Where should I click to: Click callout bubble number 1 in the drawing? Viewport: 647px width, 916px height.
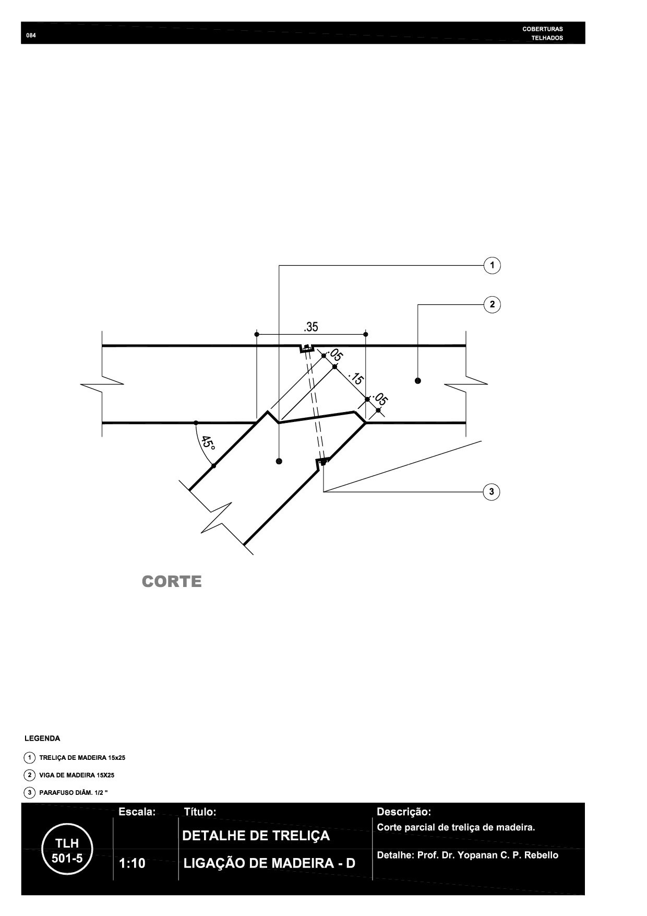tap(492, 265)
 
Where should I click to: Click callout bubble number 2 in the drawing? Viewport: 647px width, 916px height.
tap(492, 304)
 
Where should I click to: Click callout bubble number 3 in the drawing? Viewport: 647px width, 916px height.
tap(492, 491)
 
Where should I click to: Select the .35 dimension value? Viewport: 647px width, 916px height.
tap(311, 327)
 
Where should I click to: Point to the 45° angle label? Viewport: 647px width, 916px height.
tap(209, 443)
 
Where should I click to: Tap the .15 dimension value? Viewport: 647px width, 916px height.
tap(355, 378)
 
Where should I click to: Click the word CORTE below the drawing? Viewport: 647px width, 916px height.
tap(172, 582)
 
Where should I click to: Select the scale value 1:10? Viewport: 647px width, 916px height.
tap(132, 864)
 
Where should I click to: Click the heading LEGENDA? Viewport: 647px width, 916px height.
tap(42, 738)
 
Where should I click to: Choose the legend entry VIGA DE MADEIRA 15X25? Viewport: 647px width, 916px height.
tap(77, 775)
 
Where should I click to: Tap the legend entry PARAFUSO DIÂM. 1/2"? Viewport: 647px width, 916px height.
tap(74, 793)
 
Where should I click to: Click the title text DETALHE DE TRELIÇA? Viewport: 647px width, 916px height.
tap(256, 836)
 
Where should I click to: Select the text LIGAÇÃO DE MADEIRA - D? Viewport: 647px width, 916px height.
tap(269, 863)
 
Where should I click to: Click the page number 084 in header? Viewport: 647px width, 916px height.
tap(31, 36)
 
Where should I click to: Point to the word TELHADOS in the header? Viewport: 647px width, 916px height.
tap(547, 38)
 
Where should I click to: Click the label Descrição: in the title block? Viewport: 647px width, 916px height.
tap(404, 812)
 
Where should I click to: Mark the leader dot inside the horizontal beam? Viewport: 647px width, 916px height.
tap(417, 381)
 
